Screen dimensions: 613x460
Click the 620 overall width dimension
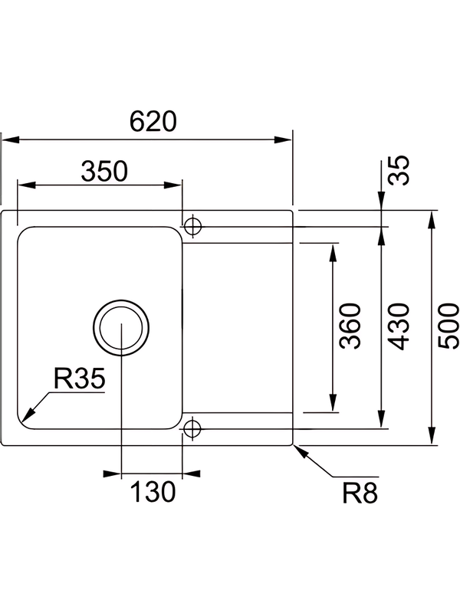153,122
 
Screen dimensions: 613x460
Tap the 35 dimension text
399,170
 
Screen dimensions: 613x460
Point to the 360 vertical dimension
350,326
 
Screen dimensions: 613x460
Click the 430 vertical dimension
399,326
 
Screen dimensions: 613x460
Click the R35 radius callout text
79,378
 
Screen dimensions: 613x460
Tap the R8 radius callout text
360,494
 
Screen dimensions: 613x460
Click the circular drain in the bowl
120,326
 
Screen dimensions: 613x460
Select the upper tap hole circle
192,226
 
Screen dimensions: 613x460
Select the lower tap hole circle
192,427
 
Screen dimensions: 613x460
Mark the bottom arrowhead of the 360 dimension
333,407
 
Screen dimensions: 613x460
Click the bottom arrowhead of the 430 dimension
382,421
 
